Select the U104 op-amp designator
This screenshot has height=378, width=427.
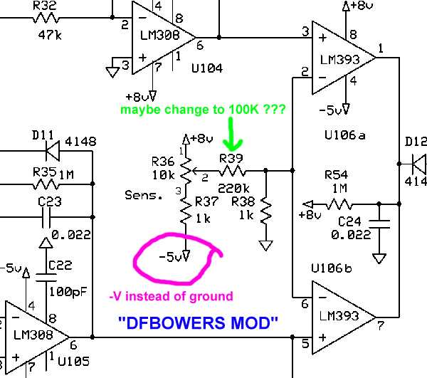[x=206, y=68]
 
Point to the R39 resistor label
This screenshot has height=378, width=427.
[x=232, y=157]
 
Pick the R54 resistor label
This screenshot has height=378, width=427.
[x=337, y=175]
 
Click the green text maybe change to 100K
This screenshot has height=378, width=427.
[x=204, y=110]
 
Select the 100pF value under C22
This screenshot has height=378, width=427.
[x=64, y=290]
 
